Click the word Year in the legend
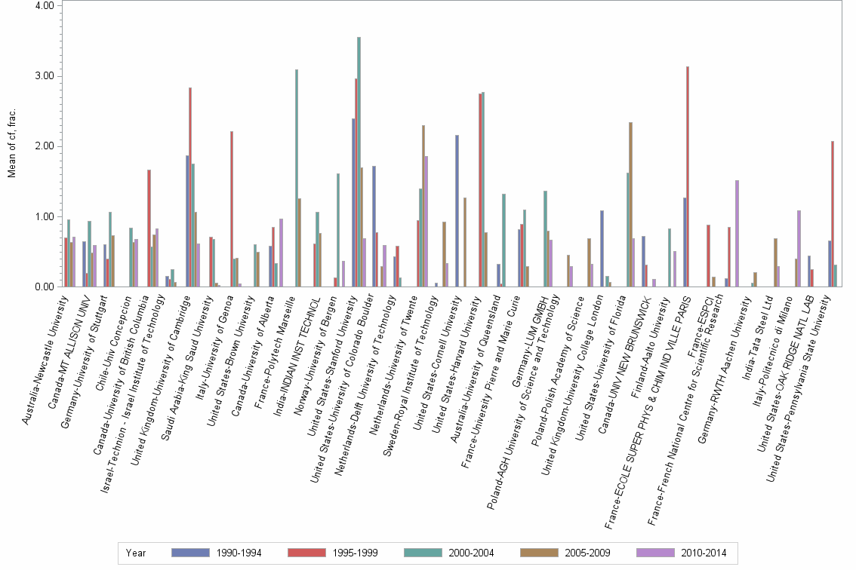pyautogui.click(x=136, y=553)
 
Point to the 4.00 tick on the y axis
pyautogui.click(x=44, y=6)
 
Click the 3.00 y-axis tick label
pyautogui.click(x=44, y=76)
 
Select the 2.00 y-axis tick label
pyautogui.click(x=44, y=146)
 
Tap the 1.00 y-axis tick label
pyautogui.click(x=44, y=217)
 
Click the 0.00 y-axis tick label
pyautogui.click(x=44, y=287)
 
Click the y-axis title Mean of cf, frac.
pyautogui.click(x=11, y=146)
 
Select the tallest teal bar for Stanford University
pyautogui.click(x=359, y=162)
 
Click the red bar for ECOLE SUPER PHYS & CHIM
pyautogui.click(x=688, y=176)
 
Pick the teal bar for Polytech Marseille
pyautogui.click(x=297, y=178)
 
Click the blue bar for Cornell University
pyautogui.click(x=457, y=211)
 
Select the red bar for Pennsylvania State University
pyautogui.click(x=832, y=214)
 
